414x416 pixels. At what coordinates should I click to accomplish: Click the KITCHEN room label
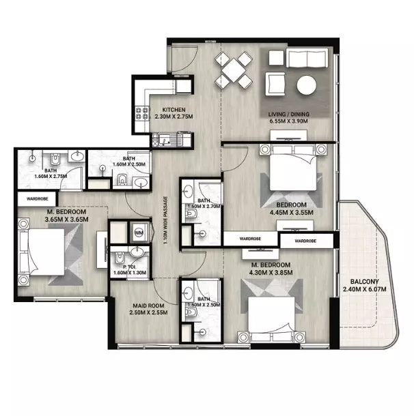click(x=174, y=110)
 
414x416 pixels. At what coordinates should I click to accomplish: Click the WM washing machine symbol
click(x=139, y=233)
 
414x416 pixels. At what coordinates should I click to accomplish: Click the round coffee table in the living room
click(x=307, y=85)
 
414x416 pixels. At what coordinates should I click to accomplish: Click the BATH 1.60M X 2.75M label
click(x=51, y=174)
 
